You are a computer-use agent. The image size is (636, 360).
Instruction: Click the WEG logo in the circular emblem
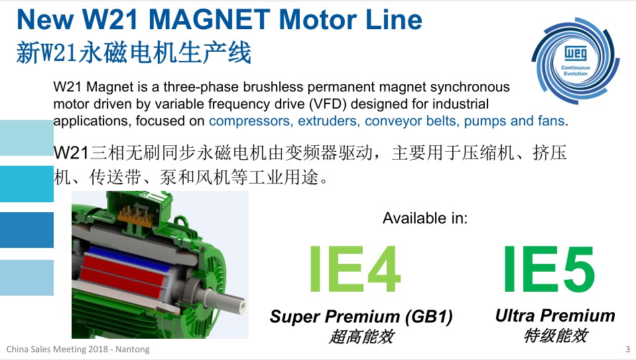575,53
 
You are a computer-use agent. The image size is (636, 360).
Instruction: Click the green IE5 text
549,269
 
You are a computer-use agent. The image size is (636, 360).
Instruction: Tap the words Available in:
425,218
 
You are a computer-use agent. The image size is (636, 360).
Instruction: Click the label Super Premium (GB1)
361,317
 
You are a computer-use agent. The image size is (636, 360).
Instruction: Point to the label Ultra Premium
555,316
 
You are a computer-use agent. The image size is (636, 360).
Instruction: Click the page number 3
627,349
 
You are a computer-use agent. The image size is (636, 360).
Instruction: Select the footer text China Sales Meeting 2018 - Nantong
78,349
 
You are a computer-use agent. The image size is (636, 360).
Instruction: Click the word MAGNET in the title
210,19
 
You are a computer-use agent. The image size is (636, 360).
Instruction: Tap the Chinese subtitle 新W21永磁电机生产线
134,52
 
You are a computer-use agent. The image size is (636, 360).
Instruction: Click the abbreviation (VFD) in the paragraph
328,104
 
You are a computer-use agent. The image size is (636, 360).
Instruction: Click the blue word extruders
328,121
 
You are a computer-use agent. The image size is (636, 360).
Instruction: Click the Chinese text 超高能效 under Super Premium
361,337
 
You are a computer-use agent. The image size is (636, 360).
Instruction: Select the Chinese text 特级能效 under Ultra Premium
555,335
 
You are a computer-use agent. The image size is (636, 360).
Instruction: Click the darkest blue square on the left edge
27,230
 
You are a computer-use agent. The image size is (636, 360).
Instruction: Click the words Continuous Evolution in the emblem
575,70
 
